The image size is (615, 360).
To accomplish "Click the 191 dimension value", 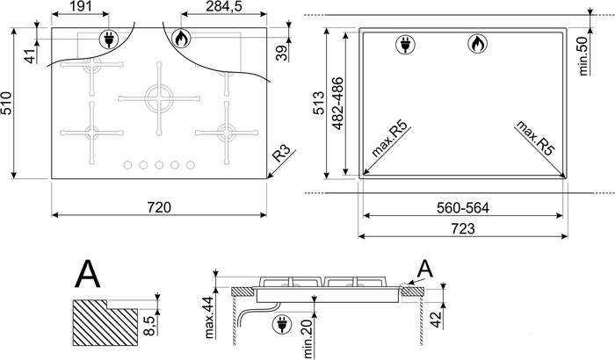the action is click(x=80, y=6).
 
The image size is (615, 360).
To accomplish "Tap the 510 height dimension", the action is click(x=7, y=103).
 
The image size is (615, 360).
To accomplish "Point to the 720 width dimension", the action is click(x=160, y=207).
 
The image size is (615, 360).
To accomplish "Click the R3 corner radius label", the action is click(x=282, y=154).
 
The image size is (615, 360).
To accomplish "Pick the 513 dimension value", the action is click(x=318, y=103).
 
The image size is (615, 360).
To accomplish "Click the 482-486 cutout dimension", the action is click(x=337, y=104).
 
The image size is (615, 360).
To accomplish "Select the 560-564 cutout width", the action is click(x=463, y=207).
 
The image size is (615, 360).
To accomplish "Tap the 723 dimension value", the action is click(x=463, y=228).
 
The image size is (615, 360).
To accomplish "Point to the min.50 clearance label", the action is click(x=583, y=55).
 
